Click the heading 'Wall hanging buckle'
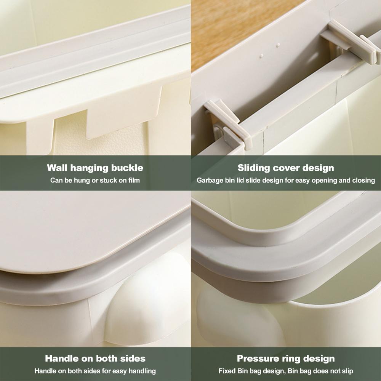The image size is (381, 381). [x=95, y=168]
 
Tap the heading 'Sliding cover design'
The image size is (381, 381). [x=286, y=168]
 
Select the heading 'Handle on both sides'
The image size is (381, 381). [x=95, y=358]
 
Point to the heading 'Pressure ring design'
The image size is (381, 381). [x=286, y=358]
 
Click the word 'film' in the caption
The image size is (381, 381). [x=133, y=180]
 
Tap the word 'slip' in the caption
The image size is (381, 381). [x=346, y=371]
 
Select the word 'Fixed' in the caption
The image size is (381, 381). [x=226, y=371]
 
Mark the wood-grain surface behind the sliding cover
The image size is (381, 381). [x=236, y=27]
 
